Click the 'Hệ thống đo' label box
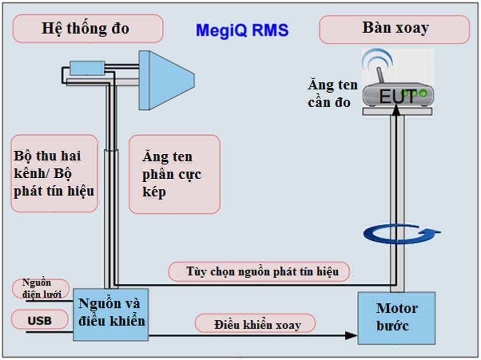tap(88, 29)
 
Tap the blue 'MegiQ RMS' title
tap(242, 31)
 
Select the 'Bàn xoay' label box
tap(394, 29)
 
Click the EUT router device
tap(396, 95)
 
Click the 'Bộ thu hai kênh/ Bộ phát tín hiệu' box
tap(54, 173)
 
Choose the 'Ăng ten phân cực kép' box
tap(174, 174)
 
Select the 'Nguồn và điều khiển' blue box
tap(111, 314)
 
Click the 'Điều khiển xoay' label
tap(256, 324)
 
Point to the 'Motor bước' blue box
tap(396, 317)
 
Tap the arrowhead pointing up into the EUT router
tap(396, 110)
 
